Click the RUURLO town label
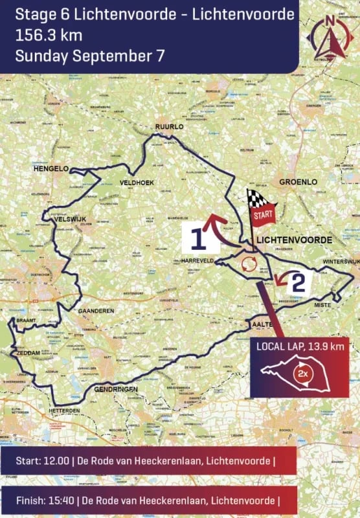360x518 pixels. pyautogui.click(x=170, y=127)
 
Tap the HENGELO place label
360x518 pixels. pyautogui.click(x=51, y=169)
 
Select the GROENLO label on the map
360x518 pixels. pyautogui.click(x=298, y=182)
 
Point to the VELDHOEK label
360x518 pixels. pyautogui.click(x=137, y=183)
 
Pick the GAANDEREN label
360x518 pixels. pyautogui.click(x=96, y=311)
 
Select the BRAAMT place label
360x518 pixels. pyautogui.click(x=27, y=321)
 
